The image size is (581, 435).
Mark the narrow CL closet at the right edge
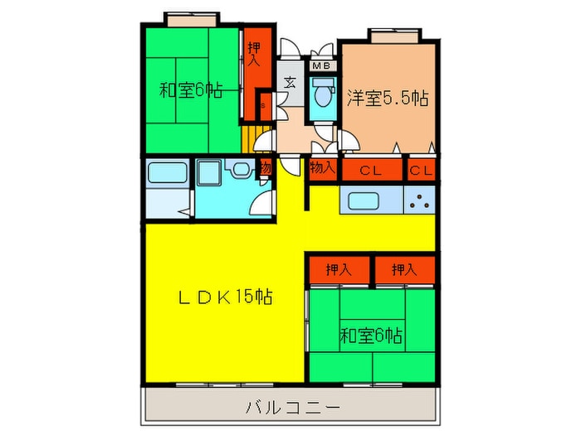click(x=422, y=170)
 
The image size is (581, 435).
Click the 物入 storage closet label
click(x=323, y=168)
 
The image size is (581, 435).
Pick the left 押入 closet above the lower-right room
click(x=337, y=269)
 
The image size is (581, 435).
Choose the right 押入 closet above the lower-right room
click(x=403, y=269)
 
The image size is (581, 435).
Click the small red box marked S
click(x=263, y=104)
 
